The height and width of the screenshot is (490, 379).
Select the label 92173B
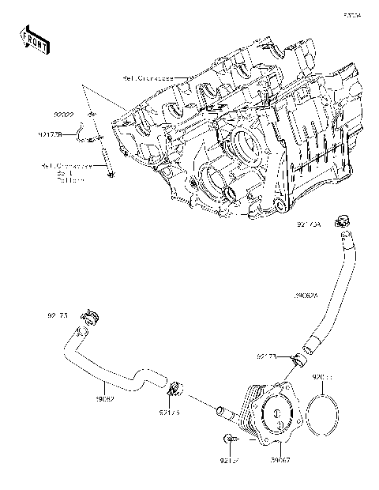(x=50, y=135)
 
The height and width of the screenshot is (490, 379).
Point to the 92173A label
(x=309, y=224)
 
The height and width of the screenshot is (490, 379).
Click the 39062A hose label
(x=306, y=296)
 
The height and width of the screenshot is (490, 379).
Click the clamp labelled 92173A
(x=342, y=220)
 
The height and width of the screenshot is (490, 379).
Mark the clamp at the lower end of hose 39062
(x=174, y=389)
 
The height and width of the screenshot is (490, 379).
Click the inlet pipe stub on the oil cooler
(x=223, y=410)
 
